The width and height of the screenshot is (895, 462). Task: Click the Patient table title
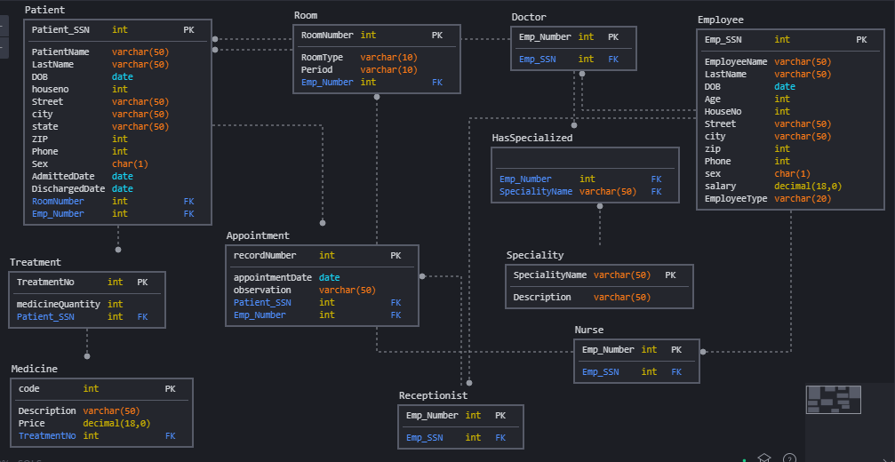click(44, 10)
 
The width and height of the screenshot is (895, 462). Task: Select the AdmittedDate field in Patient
click(63, 177)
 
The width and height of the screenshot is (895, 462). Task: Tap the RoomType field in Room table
click(322, 58)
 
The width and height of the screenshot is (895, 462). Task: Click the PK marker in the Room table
click(436, 36)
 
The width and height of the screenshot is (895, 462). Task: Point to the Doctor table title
click(529, 17)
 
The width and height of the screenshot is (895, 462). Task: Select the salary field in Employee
click(720, 187)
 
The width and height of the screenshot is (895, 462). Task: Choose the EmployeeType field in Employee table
click(735, 199)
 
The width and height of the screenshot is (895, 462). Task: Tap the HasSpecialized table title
click(532, 138)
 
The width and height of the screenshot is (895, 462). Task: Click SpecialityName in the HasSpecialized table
click(536, 192)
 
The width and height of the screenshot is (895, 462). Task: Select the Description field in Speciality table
click(542, 298)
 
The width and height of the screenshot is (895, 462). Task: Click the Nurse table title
click(588, 330)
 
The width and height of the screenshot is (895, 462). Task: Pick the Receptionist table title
click(433, 395)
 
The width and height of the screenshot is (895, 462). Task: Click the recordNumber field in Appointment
click(264, 256)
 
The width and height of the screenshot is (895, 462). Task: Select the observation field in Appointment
click(262, 291)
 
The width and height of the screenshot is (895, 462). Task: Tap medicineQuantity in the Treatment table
click(59, 305)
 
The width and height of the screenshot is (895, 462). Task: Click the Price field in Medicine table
click(31, 424)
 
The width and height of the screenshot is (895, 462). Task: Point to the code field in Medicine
click(28, 389)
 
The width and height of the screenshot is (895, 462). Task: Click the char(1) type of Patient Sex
click(130, 164)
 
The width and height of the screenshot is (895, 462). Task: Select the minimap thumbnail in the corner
click(834, 400)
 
